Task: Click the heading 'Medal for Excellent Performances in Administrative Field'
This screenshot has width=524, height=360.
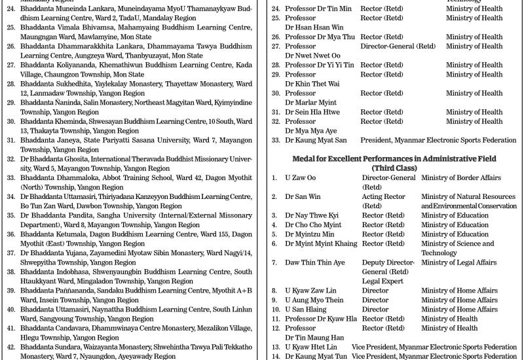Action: pyautogui.click(x=393, y=159)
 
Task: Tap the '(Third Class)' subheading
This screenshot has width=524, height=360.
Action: pyautogui.click(x=393, y=168)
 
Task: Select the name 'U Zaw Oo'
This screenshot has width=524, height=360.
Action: pyautogui.click(x=300, y=178)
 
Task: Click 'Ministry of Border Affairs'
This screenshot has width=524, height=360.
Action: pyautogui.click(x=460, y=178)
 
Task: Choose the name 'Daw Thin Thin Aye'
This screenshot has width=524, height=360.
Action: pyautogui.click(x=314, y=262)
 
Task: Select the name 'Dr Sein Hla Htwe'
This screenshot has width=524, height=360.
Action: pyautogui.click(x=312, y=112)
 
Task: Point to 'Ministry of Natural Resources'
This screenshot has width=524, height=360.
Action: pyautogui.click(x=468, y=196)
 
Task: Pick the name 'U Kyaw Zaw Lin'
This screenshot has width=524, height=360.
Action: pyautogui.click(x=310, y=291)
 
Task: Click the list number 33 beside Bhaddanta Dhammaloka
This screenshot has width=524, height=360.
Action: pyautogui.click(x=10, y=177)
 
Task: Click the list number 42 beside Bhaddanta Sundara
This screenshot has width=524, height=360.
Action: pyautogui.click(x=10, y=347)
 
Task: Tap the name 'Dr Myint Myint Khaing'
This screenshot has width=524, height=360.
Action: pyautogui.click(x=321, y=243)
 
